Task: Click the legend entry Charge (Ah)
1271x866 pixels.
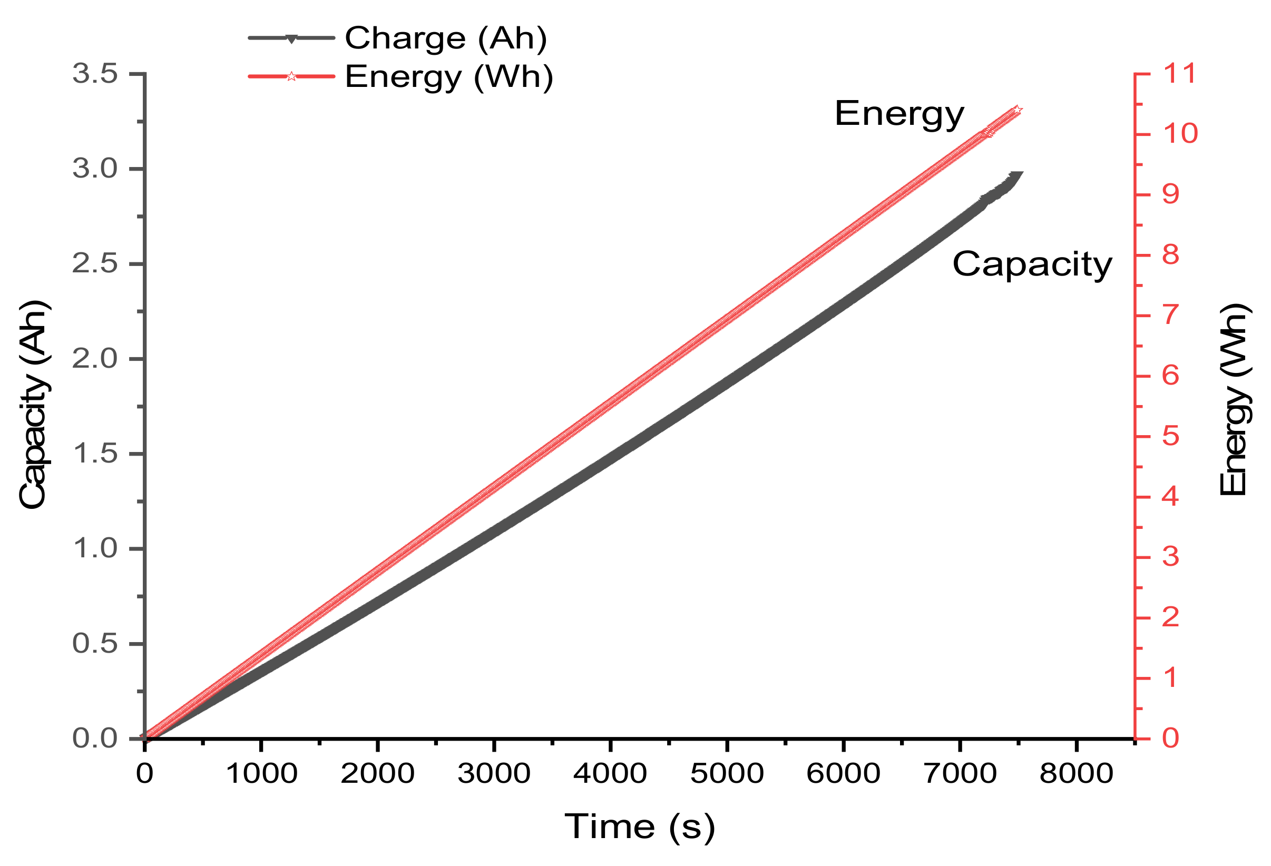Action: (x=445, y=38)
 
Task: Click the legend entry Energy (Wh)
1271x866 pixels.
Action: (x=448, y=76)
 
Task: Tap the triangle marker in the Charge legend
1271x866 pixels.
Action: (x=291, y=39)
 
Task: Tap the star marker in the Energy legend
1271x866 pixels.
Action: (x=291, y=76)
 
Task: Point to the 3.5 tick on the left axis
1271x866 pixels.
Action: (x=95, y=73)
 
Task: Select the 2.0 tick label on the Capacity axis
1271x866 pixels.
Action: (x=95, y=359)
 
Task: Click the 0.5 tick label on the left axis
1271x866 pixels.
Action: (x=95, y=644)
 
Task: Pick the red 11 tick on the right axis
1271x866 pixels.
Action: (x=1179, y=73)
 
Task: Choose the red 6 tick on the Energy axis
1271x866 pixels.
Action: (x=1170, y=376)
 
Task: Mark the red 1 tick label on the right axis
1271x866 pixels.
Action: (x=1170, y=678)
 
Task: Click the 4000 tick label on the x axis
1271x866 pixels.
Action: (x=610, y=774)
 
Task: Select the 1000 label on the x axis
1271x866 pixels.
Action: (x=261, y=774)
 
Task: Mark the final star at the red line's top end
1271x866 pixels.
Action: (x=1017, y=111)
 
